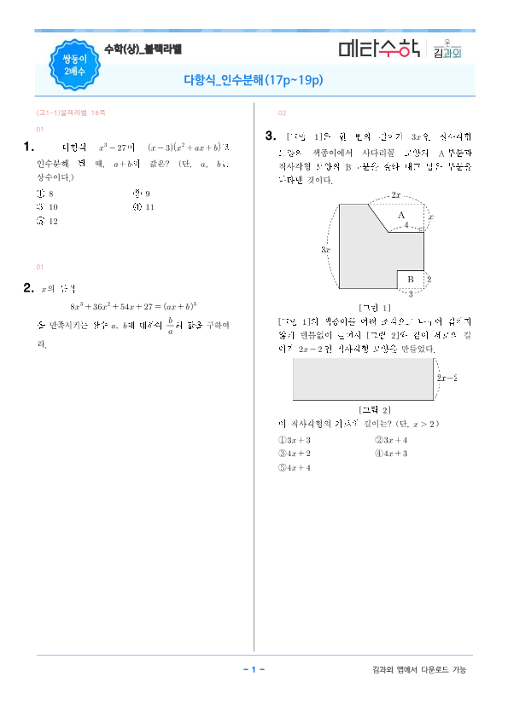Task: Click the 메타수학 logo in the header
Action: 378,49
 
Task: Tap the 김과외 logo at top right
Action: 447,49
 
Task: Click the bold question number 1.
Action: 29,147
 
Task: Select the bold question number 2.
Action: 29,287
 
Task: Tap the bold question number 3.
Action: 270,135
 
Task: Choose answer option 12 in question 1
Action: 48,221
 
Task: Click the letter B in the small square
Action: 409,279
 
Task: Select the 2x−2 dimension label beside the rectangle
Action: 447,377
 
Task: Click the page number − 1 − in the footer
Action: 254,669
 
